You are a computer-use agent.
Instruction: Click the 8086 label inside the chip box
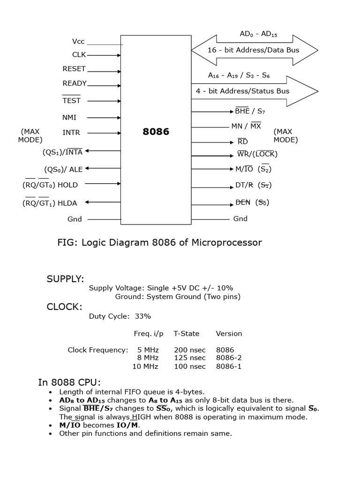pyautogui.click(x=156, y=132)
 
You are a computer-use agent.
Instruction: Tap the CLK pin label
pyautogui.click(x=79, y=55)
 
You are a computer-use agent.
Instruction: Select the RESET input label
pyautogui.click(x=74, y=69)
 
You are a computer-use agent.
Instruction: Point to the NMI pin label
pyautogui.click(x=69, y=118)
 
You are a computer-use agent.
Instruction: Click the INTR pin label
pyautogui.click(x=71, y=133)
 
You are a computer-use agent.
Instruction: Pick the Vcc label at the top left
pyautogui.click(x=78, y=42)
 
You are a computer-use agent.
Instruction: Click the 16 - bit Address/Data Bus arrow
pyautogui.click(x=254, y=50)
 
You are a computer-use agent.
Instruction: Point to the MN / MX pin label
pyautogui.click(x=246, y=126)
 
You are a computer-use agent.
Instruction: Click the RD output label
pyautogui.click(x=242, y=142)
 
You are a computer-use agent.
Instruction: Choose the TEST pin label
pyautogui.click(x=71, y=101)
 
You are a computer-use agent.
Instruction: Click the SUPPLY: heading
pyautogui.click(x=65, y=279)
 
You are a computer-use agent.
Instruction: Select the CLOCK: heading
pyautogui.click(x=64, y=307)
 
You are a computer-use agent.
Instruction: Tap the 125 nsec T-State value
pyautogui.click(x=189, y=358)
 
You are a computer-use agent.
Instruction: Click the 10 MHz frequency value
pyautogui.click(x=145, y=367)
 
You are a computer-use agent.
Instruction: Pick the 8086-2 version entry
pyautogui.click(x=229, y=358)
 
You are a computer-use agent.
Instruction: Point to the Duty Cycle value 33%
pyautogui.click(x=143, y=316)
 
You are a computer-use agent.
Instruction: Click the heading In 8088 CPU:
pyautogui.click(x=69, y=382)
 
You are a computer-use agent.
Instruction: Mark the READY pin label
pyautogui.click(x=75, y=83)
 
